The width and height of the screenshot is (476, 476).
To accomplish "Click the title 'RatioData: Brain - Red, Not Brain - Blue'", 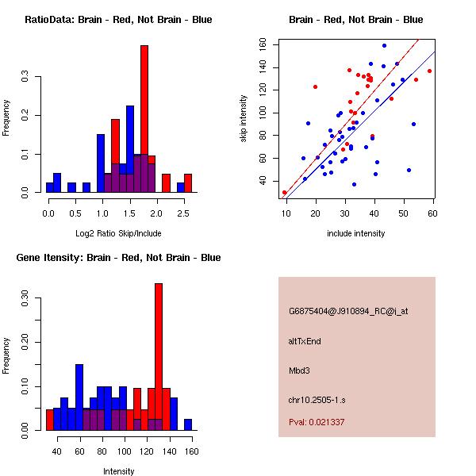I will (x=118, y=20).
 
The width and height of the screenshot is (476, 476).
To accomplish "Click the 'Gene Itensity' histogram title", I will (x=118, y=258).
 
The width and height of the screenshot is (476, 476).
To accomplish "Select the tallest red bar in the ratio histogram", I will (x=144, y=119).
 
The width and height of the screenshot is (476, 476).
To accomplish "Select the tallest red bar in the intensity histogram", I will (x=159, y=357).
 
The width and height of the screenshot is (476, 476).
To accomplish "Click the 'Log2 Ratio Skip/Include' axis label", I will (x=118, y=234).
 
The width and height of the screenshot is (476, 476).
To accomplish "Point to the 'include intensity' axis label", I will (x=356, y=234).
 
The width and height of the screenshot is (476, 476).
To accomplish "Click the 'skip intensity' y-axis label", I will (x=244, y=119).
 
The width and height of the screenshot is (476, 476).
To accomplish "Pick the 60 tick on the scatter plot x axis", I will (x=433, y=213).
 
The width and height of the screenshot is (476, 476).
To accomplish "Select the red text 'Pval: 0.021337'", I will (x=317, y=422).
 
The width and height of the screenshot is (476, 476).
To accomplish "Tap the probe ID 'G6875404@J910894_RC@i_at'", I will (x=348, y=312).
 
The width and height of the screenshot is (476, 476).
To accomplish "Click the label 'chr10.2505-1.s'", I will (x=319, y=399).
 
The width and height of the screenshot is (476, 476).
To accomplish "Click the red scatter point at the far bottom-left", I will (x=285, y=192).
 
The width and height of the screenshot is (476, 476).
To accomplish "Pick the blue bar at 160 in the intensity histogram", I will (x=188, y=425).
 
